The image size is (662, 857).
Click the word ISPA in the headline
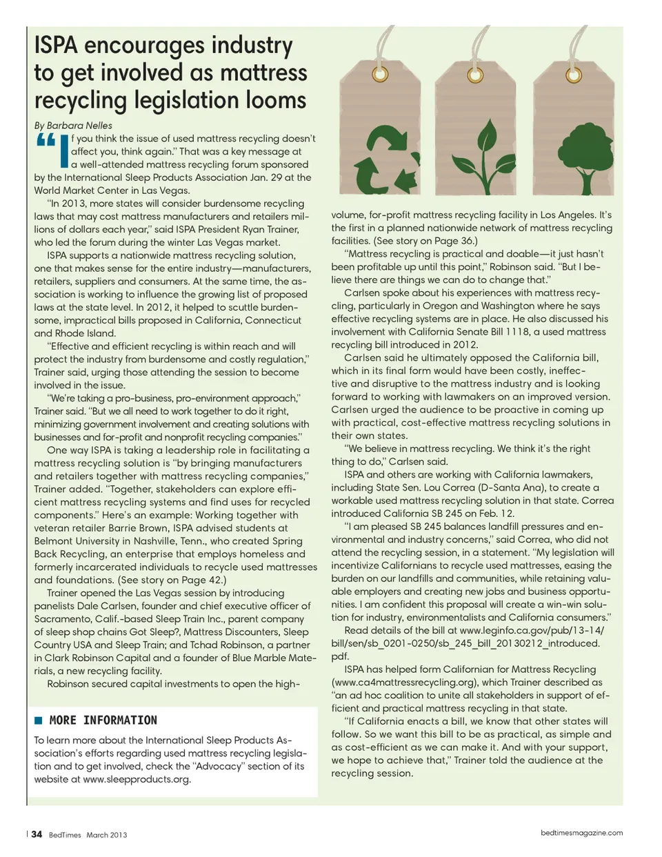coord(56,46)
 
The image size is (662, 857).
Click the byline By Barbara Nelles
coord(73,126)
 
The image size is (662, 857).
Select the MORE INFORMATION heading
coord(103,720)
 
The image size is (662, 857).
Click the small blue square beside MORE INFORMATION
coord(39,720)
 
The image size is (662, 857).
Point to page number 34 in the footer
coord(37,834)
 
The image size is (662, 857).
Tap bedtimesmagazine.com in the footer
coord(581,833)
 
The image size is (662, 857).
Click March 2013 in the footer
coord(107,835)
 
